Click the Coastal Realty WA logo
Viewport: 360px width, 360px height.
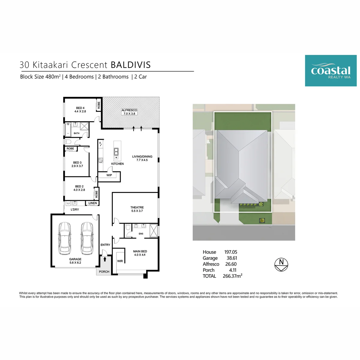pos(331,70)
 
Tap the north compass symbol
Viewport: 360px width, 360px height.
pos(281,265)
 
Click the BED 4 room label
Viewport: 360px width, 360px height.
pos(80,108)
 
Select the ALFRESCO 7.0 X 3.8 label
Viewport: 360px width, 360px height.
pos(129,112)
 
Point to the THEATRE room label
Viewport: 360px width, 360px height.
pos(137,207)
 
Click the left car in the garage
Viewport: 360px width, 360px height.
pos(64,238)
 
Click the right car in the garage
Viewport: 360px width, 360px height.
pos(87,238)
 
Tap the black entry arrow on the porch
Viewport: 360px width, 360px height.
pos(105,259)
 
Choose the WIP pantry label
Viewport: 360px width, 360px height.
pos(109,175)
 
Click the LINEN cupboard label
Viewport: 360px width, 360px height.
pos(93,203)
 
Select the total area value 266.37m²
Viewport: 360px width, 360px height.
pos(232,276)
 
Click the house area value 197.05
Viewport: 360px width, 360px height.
pos(231,252)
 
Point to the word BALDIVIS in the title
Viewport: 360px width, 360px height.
pos(130,65)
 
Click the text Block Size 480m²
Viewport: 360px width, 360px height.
pos(40,76)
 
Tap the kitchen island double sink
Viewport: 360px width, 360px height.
pos(116,152)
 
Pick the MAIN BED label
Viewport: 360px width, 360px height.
pos(140,251)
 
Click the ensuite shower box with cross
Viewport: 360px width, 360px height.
pos(154,231)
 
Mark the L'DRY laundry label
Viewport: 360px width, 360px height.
pos(75,209)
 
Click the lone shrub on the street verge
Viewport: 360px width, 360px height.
pos(262,220)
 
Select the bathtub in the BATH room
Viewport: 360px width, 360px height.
pos(68,130)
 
